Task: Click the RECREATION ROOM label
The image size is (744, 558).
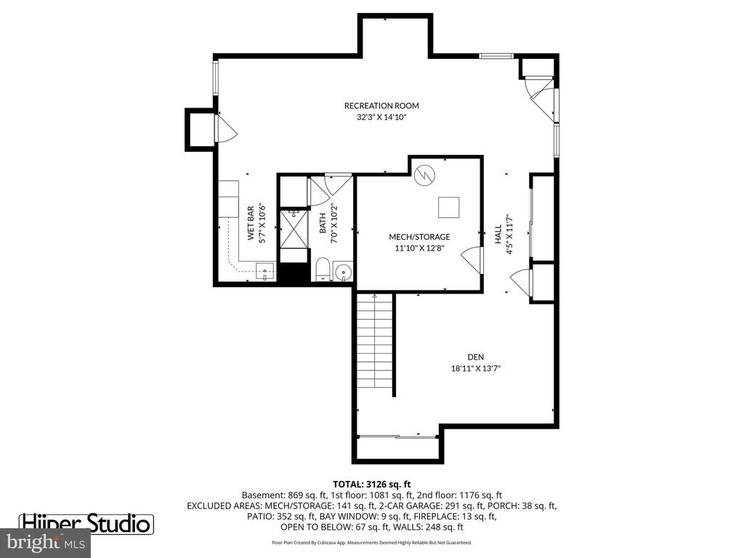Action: (381, 106)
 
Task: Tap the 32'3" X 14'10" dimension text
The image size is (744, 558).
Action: (382, 117)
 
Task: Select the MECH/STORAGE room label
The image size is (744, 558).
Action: (419, 237)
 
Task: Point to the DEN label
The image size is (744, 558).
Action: (476, 357)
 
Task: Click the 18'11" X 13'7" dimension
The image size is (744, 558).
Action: (476, 368)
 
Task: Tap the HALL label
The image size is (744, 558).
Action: (498, 234)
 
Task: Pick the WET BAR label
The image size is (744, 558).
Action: (251, 223)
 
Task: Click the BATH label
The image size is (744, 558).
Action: (323, 223)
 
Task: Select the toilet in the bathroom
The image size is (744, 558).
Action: (323, 270)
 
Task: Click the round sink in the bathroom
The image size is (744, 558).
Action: (343, 272)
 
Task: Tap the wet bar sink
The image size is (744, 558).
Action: (265, 272)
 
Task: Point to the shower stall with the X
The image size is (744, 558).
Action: (294, 229)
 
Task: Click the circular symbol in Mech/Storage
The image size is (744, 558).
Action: (424, 175)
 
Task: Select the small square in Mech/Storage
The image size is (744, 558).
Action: (449, 207)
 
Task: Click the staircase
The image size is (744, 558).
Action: (375, 341)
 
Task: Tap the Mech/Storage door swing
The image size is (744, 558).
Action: (471, 260)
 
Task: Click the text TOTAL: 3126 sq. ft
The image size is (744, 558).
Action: (372, 485)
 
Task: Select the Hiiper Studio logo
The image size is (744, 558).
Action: (86, 524)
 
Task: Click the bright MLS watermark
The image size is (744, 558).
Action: (46, 542)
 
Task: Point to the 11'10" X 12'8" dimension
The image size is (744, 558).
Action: (419, 248)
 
